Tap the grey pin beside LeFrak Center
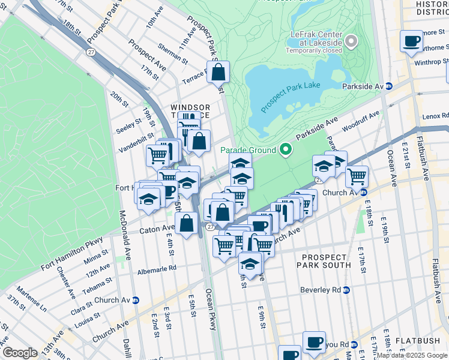[x=351, y=42]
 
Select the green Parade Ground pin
[x=286, y=150]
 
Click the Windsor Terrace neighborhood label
[x=190, y=110]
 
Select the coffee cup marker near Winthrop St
[x=411, y=41]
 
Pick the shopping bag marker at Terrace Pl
[x=219, y=72]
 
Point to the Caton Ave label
[x=156, y=229]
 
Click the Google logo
[x=19, y=353]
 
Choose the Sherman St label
[x=173, y=55]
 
